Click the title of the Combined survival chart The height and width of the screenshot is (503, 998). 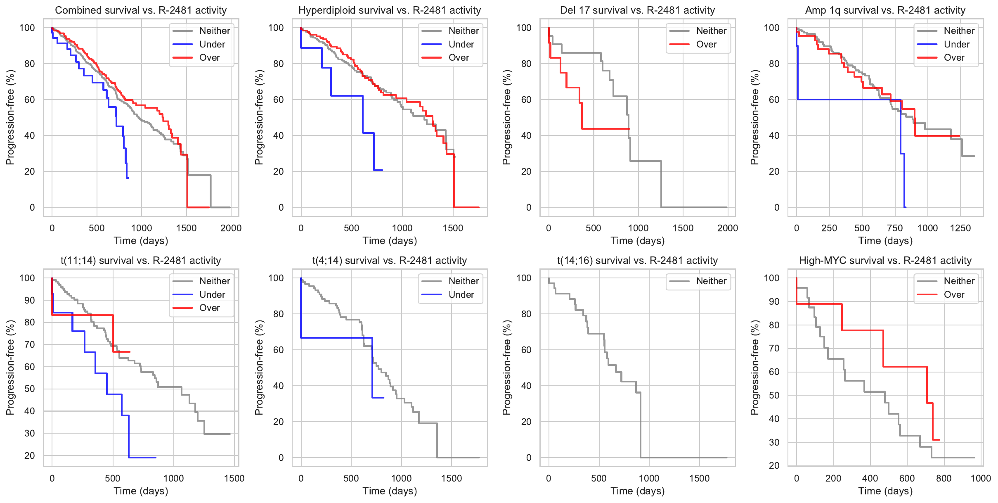coord(141,10)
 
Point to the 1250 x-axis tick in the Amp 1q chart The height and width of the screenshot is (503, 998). coord(960,228)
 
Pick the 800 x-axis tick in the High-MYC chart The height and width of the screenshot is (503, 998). coord(944,478)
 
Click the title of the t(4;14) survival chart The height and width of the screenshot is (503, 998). coord(389,261)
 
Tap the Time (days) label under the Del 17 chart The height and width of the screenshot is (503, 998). coord(637,241)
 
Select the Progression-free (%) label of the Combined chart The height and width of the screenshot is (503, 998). coord(10,117)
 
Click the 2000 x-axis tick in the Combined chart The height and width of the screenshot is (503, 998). coord(231,228)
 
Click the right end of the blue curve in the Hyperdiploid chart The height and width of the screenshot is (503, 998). coord(382,170)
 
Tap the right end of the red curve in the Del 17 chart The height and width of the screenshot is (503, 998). coord(629,129)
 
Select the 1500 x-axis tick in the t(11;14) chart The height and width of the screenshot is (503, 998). coord(234,478)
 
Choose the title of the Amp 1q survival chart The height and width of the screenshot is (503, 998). coord(885,10)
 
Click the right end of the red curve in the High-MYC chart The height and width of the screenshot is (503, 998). coord(939,440)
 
